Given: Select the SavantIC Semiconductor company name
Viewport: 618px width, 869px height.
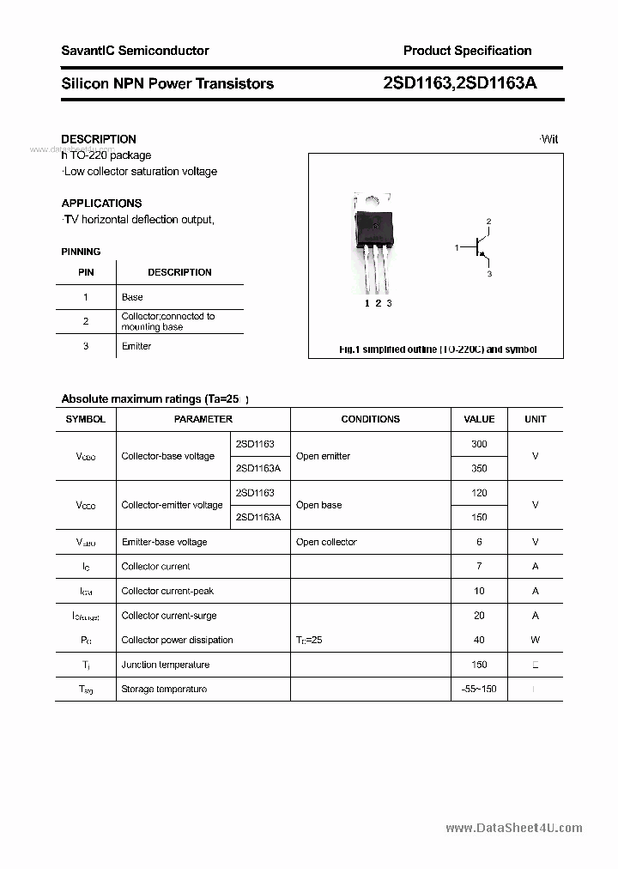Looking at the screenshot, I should click(135, 51).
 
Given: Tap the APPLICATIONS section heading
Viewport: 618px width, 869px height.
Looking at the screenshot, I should click(101, 204).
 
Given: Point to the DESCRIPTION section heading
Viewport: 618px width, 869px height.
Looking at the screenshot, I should click(99, 139).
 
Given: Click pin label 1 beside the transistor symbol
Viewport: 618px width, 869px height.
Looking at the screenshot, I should click(457, 248).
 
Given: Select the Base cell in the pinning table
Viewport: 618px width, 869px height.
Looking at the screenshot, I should click(132, 297).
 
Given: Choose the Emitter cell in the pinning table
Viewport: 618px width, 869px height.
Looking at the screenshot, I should click(136, 346).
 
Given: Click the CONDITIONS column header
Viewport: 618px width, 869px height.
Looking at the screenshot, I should click(370, 419).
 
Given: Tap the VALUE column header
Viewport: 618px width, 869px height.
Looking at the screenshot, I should click(479, 419).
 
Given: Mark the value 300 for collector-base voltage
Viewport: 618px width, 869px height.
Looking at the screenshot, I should click(479, 444).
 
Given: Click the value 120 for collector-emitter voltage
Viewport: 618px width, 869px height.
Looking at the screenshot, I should click(479, 493).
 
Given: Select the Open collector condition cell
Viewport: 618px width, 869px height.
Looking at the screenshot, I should click(326, 542).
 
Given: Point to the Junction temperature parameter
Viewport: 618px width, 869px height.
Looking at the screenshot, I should click(166, 665).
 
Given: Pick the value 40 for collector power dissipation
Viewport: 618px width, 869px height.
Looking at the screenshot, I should click(479, 640).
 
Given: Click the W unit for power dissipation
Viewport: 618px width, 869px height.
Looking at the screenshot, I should click(535, 640).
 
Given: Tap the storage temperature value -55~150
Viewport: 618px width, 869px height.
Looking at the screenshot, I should click(478, 689).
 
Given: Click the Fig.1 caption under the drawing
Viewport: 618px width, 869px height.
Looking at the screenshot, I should click(437, 349).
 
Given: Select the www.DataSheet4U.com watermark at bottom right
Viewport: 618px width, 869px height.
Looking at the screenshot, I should click(514, 828).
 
